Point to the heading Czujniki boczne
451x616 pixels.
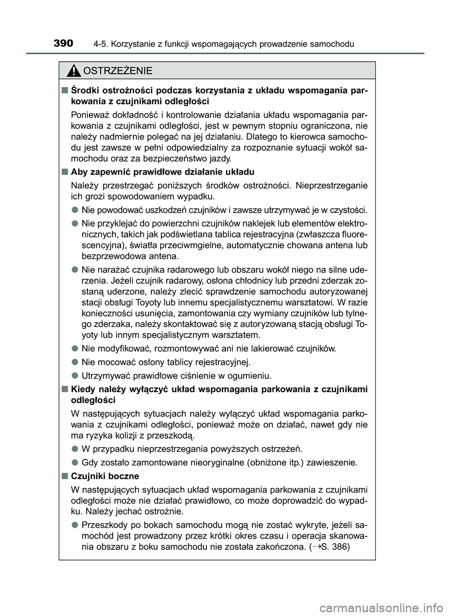105,476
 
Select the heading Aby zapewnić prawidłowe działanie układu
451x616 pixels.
163,172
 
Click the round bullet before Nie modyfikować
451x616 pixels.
75,349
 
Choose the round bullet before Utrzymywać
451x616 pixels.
75,375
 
